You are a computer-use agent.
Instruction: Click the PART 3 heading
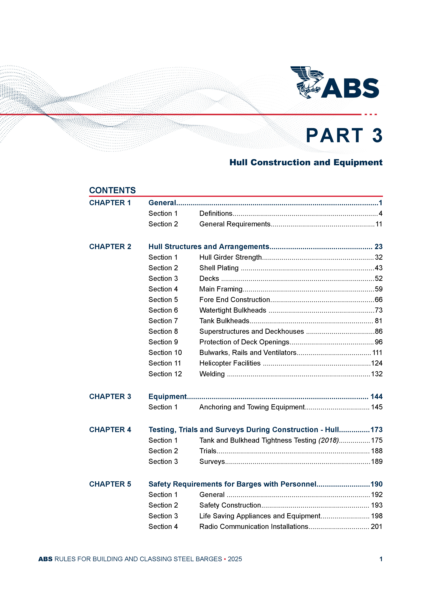[x=344, y=136]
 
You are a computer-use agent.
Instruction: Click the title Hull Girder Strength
[x=230, y=257]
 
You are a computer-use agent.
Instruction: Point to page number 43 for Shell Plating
[x=378, y=268]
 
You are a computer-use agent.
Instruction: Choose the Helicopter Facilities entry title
[x=230, y=363]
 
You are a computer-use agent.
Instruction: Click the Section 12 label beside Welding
[x=165, y=374]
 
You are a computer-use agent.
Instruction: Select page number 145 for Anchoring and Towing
[x=377, y=407]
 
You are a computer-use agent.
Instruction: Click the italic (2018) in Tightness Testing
[x=328, y=440]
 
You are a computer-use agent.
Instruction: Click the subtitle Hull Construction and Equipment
[x=306, y=163]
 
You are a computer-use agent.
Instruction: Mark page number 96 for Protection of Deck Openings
[x=378, y=342]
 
